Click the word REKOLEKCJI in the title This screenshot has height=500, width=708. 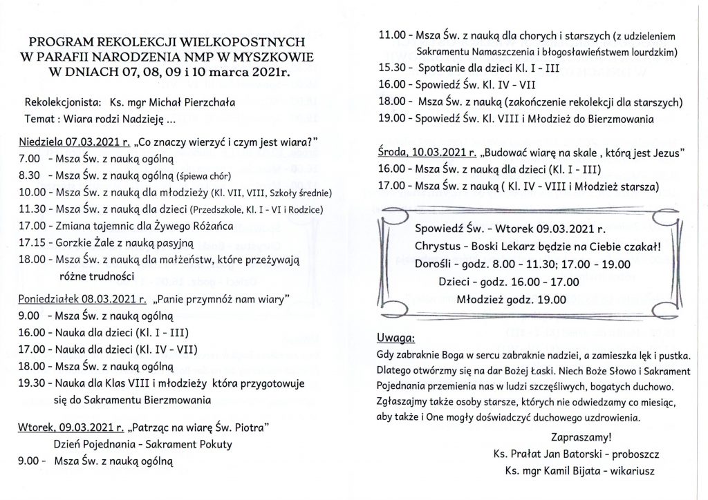coord(142,41)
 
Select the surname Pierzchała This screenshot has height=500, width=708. coord(203,102)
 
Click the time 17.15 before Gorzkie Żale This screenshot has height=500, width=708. coord(32,242)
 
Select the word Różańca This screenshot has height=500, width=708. coord(212,226)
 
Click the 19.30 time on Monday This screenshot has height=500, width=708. coord(32,383)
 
